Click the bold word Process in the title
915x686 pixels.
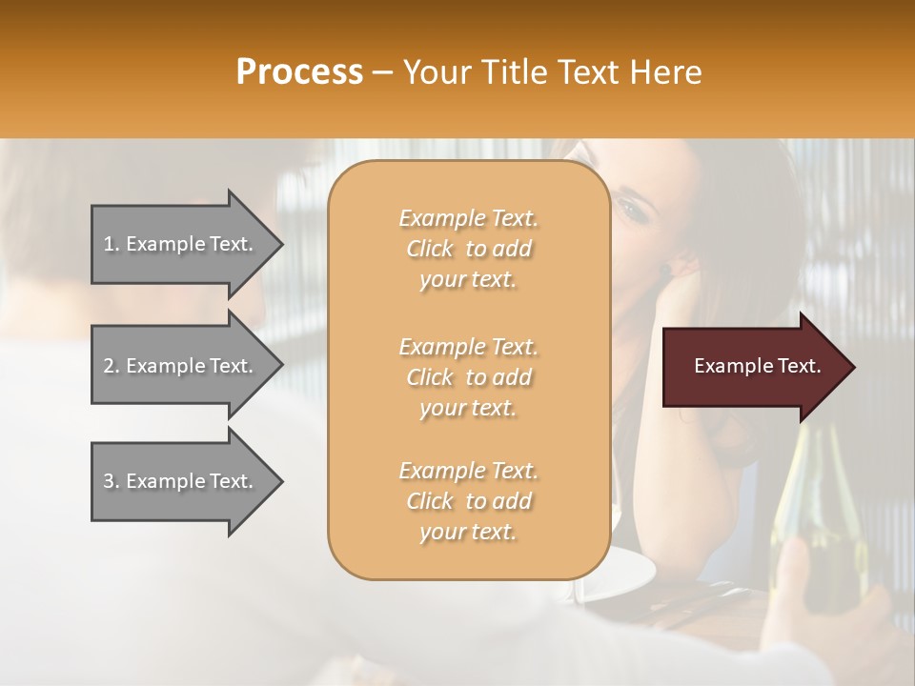coord(299,72)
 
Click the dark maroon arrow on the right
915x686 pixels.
coord(753,367)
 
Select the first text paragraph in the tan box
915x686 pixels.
coord(468,249)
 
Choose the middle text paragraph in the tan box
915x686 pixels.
coord(468,377)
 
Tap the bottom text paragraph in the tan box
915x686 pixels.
coord(468,501)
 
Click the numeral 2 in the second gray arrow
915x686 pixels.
coord(109,366)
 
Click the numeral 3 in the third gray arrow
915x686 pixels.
coord(109,481)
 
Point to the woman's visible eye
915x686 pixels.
coord(633,204)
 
